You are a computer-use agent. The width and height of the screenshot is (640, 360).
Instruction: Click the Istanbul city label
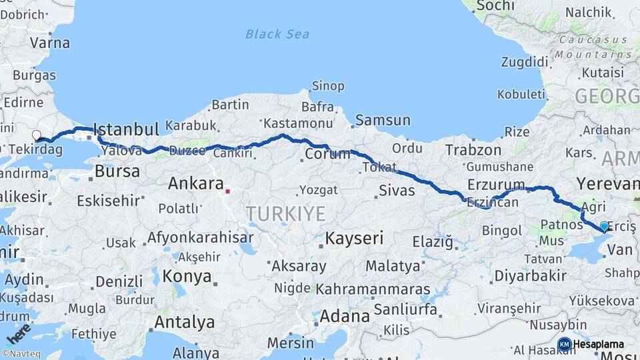(x=126, y=129)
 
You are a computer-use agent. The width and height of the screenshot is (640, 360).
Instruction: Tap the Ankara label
(x=195, y=183)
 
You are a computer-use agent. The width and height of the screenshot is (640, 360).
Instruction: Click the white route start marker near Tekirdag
(x=37, y=135)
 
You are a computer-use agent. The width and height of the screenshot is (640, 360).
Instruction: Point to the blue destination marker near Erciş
(x=604, y=227)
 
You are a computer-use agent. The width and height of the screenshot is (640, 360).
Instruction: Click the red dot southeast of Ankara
(x=227, y=191)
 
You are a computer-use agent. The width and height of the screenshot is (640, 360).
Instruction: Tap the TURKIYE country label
(x=285, y=214)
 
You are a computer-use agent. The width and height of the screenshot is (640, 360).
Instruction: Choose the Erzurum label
(x=496, y=184)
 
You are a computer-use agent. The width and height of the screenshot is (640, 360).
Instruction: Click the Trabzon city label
(x=473, y=149)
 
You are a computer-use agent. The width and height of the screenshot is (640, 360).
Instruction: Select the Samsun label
(x=383, y=120)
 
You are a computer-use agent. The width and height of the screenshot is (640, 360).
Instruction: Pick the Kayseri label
(x=354, y=238)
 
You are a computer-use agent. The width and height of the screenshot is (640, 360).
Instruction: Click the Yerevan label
(x=607, y=182)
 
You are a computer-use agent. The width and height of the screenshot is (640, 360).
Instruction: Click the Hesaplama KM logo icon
(x=565, y=344)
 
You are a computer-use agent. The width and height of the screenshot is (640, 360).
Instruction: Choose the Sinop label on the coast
(x=329, y=86)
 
